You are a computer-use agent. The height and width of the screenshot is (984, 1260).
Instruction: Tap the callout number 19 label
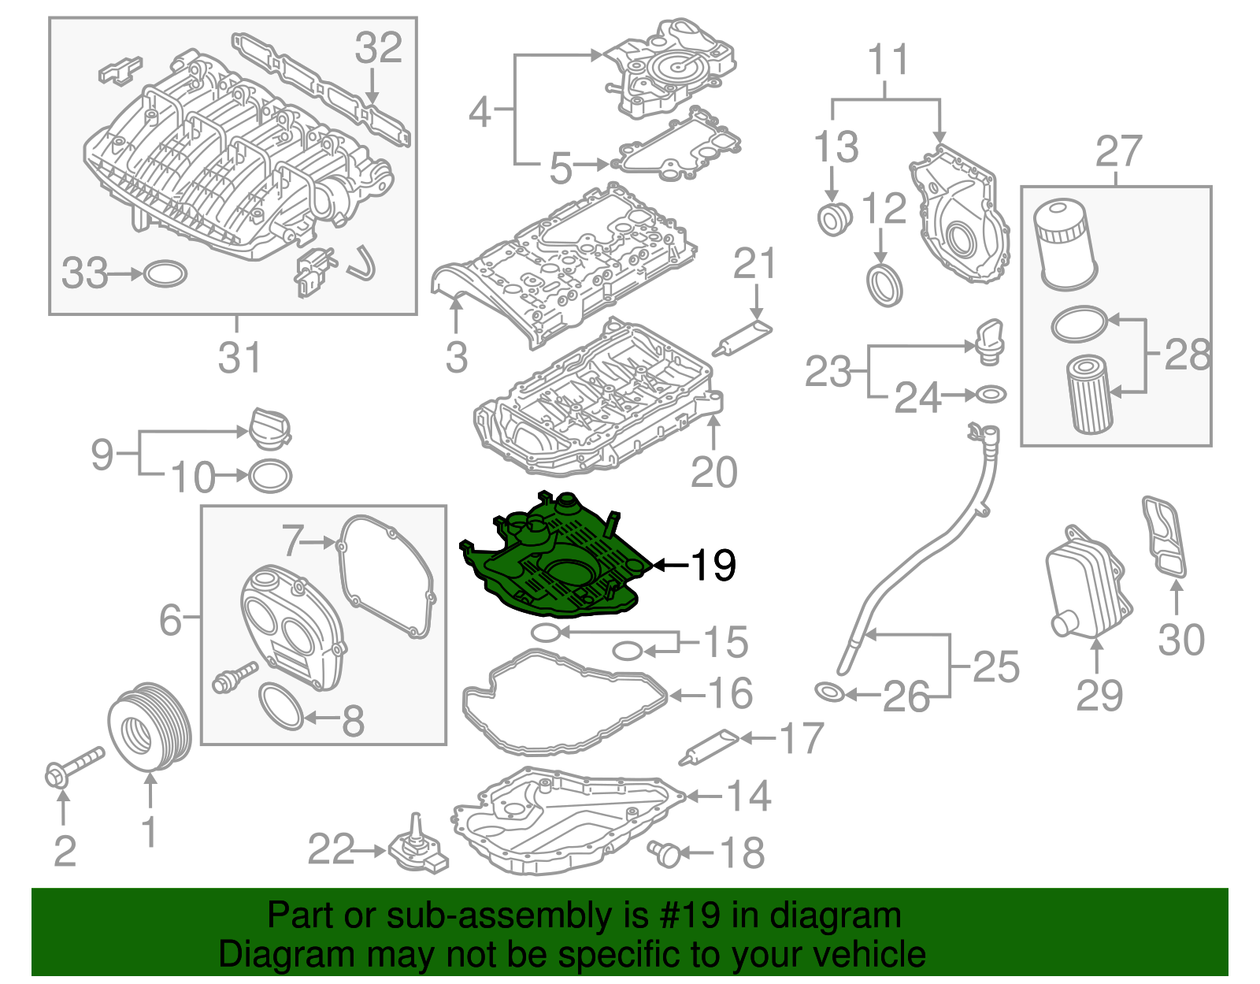713,565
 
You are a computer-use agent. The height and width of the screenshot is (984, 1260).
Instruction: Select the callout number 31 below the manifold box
239,358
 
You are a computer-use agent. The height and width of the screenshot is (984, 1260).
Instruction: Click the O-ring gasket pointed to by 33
165,274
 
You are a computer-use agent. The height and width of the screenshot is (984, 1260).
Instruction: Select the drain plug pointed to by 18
666,852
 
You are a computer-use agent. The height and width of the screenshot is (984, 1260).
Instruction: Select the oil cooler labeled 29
1088,583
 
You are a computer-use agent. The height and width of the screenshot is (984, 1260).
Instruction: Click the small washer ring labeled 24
991,394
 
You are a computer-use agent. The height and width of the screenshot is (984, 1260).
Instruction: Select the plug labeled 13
833,218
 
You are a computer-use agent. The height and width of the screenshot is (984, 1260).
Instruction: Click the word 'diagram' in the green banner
835,916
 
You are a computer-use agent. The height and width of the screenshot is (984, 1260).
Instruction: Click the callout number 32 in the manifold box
378,49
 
